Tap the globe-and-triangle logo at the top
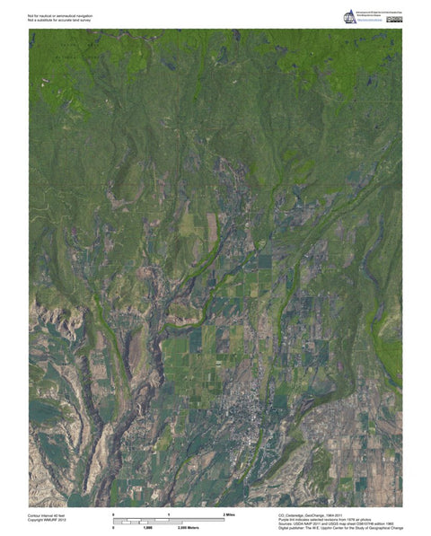click(349, 17)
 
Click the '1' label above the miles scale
click(169, 513)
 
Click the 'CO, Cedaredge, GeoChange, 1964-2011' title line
click(313, 514)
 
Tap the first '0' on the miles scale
click(114, 513)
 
